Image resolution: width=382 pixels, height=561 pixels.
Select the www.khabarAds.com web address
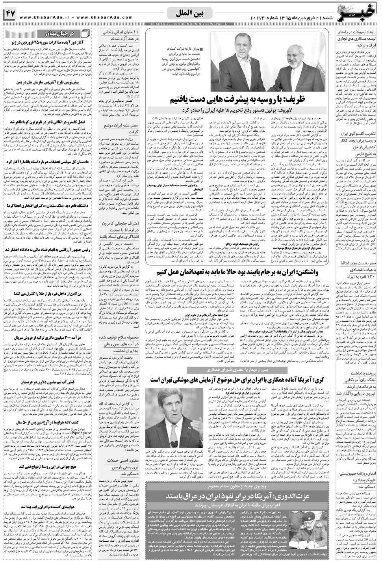[111, 17]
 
